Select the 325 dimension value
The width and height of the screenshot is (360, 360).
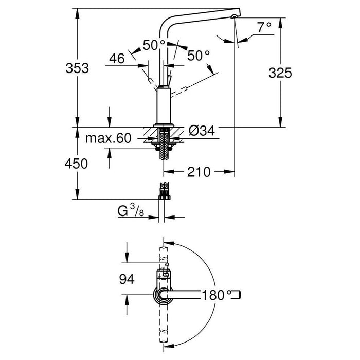(280, 73)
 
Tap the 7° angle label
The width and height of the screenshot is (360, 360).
(264, 28)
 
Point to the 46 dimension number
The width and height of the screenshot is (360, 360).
(117, 59)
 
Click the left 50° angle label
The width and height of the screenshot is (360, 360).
(154, 45)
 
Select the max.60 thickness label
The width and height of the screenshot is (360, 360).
(108, 139)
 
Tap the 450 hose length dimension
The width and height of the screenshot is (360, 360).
(73, 164)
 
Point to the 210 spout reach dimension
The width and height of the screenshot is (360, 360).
(199, 172)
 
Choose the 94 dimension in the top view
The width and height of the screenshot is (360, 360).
(126, 279)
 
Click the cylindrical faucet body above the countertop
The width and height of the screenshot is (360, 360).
(163, 105)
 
